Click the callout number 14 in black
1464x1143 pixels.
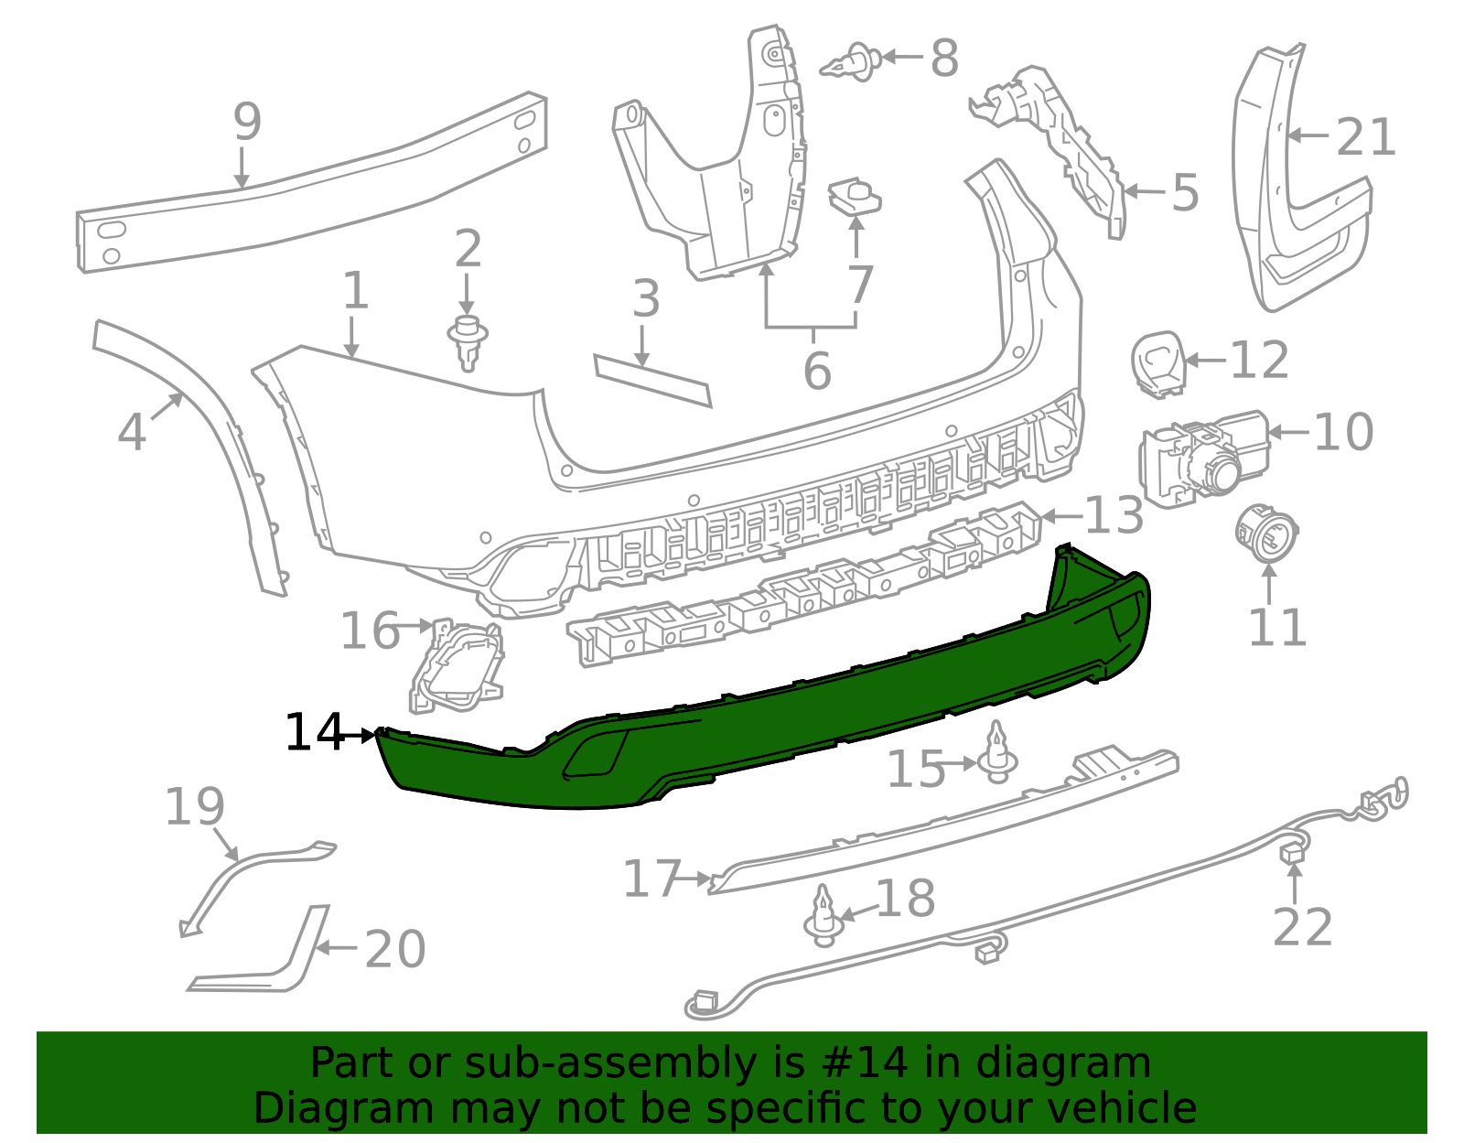pyautogui.click(x=314, y=733)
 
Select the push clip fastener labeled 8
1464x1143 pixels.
pyautogui.click(x=852, y=62)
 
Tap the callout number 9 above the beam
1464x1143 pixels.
pyautogui.click(x=247, y=122)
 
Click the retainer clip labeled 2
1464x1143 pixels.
pyautogui.click(x=468, y=340)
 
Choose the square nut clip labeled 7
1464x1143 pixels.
pyautogui.click(x=855, y=198)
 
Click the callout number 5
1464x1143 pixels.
pyautogui.click(x=1185, y=193)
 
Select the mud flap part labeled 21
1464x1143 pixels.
pyautogui.click(x=1299, y=183)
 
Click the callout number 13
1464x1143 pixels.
pyautogui.click(x=1114, y=515)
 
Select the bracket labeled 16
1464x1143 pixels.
pyautogui.click(x=456, y=663)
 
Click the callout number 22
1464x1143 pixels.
pyautogui.click(x=1302, y=928)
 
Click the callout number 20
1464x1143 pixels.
pyautogui.click(x=395, y=949)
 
